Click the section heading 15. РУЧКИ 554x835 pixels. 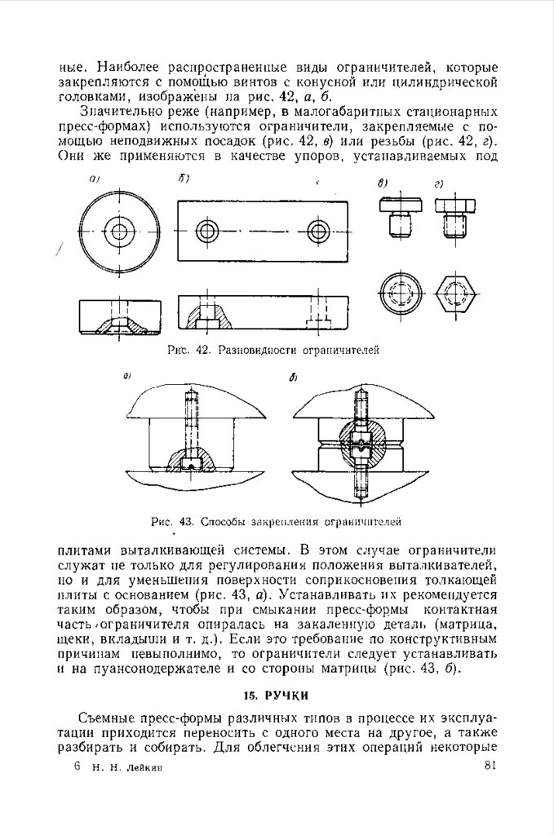(277, 695)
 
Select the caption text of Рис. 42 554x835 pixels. (273, 350)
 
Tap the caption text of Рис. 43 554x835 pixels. (277, 519)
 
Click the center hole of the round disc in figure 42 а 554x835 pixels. (120, 230)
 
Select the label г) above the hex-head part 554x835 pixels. (439, 183)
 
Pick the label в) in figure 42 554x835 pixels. (382, 183)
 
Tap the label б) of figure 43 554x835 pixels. (293, 378)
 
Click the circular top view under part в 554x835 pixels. (399, 291)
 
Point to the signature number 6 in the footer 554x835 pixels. (76, 766)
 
